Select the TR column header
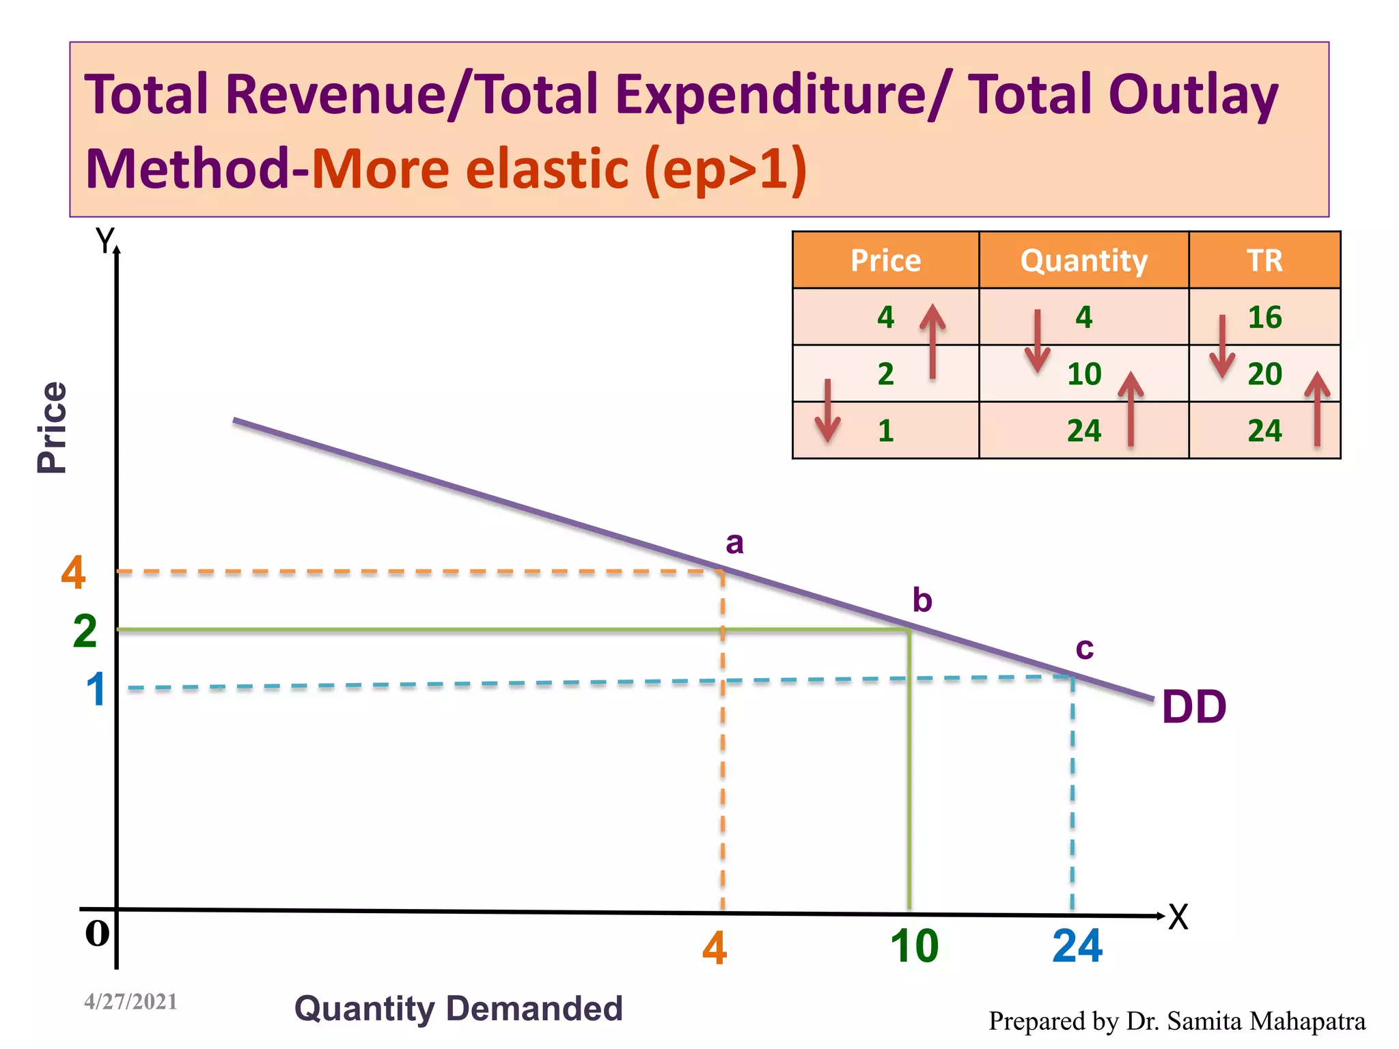click(x=1264, y=261)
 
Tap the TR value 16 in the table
click(x=1264, y=318)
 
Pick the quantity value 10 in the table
click(x=1084, y=374)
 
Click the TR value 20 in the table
click(x=1264, y=374)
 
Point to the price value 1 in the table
click(x=886, y=431)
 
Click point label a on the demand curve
click(x=734, y=544)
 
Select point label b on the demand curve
click(x=922, y=600)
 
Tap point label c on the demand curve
click(x=1085, y=648)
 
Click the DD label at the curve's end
click(x=1194, y=708)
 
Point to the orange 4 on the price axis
click(x=74, y=572)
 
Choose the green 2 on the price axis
click(x=85, y=631)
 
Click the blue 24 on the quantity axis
click(x=1077, y=947)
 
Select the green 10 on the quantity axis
click(x=914, y=947)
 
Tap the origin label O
click(x=97, y=933)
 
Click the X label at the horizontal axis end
click(x=1178, y=917)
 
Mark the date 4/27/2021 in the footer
click(x=130, y=1002)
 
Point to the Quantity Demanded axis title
click(x=458, y=1009)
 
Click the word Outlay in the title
click(x=1193, y=95)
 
